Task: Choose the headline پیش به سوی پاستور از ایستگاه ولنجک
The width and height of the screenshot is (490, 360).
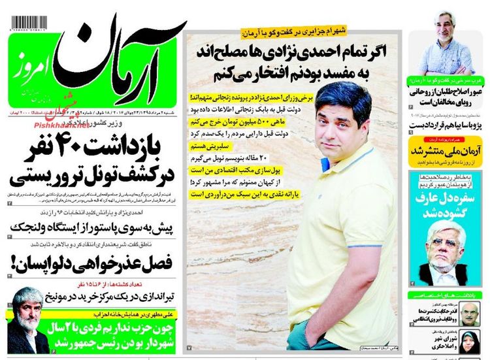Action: pyautogui.click(x=91, y=227)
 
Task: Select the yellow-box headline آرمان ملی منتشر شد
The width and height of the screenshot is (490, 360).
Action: pyautogui.click(x=445, y=151)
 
